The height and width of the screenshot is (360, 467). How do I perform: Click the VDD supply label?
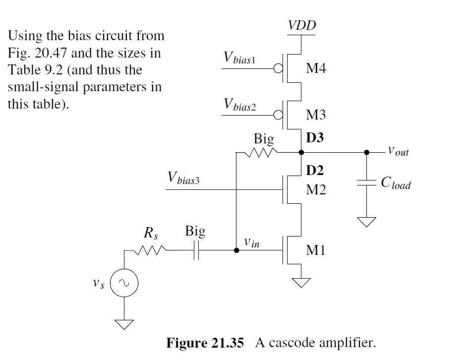click(302, 26)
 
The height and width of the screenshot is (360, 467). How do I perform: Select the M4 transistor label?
click(316, 68)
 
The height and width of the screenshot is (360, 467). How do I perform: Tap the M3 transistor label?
click(316, 115)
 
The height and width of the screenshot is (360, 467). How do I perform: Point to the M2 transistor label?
click(316, 189)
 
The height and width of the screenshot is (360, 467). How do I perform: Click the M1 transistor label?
click(316, 250)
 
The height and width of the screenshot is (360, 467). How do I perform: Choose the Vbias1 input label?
click(239, 58)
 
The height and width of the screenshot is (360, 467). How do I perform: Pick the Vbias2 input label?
click(240, 105)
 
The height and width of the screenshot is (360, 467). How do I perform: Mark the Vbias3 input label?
click(183, 179)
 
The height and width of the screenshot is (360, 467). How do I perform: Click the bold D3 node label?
click(314, 137)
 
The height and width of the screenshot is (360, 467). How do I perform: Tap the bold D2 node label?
click(314, 171)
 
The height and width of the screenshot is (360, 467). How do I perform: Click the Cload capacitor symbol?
click(367, 183)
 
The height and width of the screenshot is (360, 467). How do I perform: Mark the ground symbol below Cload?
click(367, 221)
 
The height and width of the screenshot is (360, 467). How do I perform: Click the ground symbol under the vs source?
click(123, 325)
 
